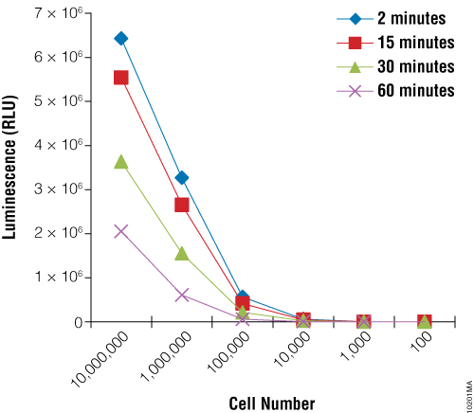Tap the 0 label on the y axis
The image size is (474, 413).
coord(82,322)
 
